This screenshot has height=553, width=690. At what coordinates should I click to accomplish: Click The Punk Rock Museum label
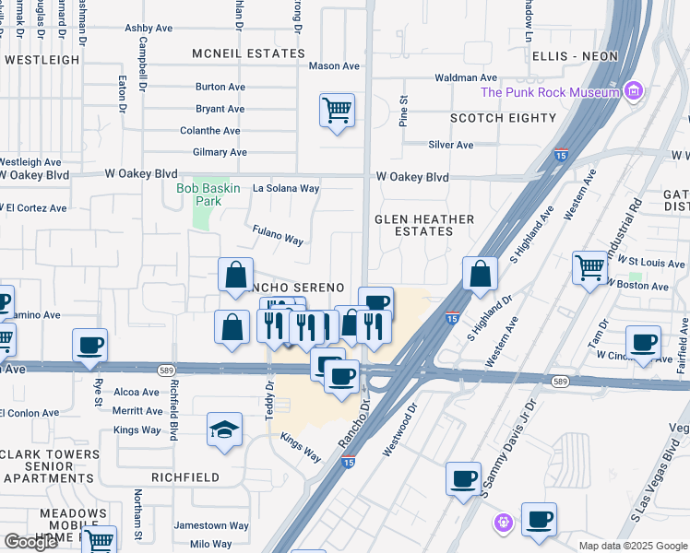[549, 92]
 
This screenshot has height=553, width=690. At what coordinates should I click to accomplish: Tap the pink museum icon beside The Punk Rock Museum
[633, 91]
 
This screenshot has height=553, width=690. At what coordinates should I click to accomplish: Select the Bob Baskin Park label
[208, 194]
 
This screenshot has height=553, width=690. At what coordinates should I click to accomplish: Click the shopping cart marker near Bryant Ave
[337, 111]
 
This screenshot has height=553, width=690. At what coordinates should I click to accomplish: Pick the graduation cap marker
[224, 429]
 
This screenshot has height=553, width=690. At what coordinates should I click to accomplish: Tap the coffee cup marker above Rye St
[90, 346]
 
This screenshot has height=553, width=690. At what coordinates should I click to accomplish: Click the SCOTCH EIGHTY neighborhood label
[503, 118]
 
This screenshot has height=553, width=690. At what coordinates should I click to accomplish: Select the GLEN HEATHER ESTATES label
[424, 226]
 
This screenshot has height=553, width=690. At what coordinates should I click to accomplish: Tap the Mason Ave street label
[334, 66]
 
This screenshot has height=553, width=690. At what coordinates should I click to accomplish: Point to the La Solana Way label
[286, 188]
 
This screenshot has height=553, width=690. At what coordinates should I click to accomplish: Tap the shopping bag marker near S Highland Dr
[480, 274]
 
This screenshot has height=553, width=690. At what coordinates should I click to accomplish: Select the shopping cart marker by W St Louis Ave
[589, 268]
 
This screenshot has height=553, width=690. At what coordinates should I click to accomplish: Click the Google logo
[30, 542]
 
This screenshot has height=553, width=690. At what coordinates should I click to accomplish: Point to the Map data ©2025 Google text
[633, 546]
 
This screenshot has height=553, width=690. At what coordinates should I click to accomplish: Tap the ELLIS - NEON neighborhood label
[575, 56]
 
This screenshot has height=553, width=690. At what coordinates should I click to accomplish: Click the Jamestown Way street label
[212, 526]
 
